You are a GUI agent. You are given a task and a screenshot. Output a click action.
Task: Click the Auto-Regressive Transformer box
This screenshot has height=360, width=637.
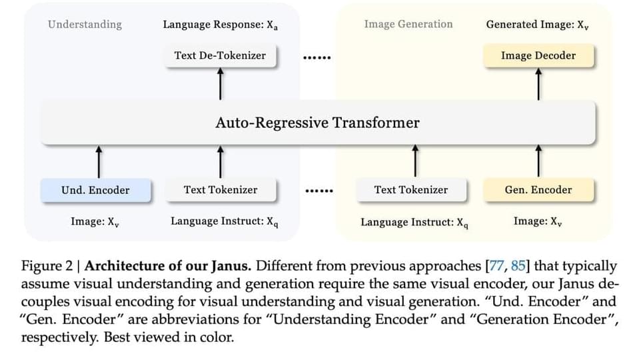click(x=318, y=123)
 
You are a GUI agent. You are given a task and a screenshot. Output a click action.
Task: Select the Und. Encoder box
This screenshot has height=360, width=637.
click(x=95, y=190)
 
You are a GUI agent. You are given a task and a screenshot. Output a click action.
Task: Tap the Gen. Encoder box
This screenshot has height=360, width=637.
click(x=538, y=190)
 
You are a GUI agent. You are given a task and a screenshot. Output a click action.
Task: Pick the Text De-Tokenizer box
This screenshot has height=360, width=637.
click(x=220, y=55)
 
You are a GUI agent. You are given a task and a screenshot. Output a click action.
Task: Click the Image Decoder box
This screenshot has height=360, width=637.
click(x=538, y=55)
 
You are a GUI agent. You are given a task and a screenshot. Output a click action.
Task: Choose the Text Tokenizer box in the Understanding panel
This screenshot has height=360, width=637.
click(x=220, y=190)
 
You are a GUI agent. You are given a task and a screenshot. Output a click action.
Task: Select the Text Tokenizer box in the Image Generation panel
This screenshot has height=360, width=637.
click(x=410, y=190)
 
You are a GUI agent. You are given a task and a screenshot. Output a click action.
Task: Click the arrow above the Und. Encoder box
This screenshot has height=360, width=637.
click(x=99, y=161)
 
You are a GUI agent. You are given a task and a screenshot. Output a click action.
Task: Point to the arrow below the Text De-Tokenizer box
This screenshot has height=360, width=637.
click(x=221, y=83)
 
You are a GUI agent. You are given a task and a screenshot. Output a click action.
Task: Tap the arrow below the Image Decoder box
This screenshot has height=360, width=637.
click(x=538, y=83)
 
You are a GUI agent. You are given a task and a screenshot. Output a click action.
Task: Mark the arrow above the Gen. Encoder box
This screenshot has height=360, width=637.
click(x=538, y=161)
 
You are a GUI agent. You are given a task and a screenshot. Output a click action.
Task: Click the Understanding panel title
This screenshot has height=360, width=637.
click(x=85, y=25)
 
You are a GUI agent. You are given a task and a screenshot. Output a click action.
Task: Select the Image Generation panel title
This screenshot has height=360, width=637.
click(x=408, y=25)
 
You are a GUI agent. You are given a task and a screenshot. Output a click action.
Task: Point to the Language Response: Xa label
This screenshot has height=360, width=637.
click(x=220, y=25)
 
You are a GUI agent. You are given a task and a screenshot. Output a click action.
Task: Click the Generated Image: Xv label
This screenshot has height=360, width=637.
click(x=537, y=25)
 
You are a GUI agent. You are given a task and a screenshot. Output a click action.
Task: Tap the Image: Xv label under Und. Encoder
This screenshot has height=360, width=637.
click(x=95, y=221)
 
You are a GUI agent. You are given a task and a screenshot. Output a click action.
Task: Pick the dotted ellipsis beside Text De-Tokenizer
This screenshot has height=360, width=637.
click(x=317, y=57)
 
